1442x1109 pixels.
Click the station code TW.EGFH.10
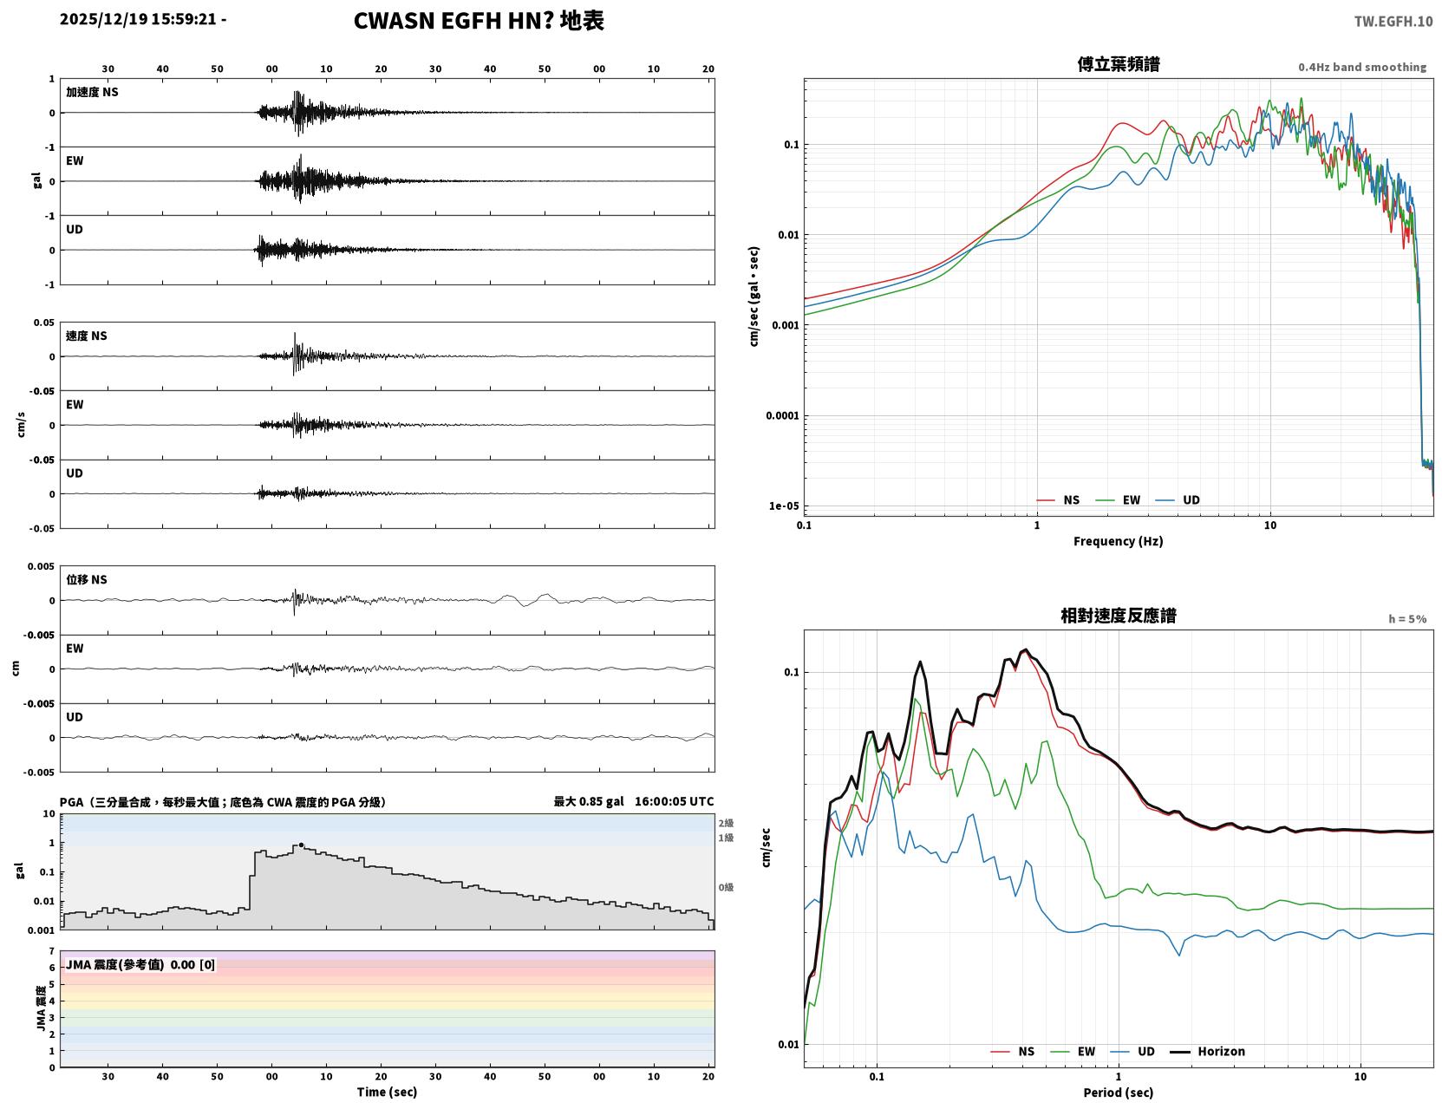coord(1393,21)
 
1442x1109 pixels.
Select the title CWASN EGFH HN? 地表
coord(479,21)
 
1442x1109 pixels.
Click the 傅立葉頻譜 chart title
coord(1119,64)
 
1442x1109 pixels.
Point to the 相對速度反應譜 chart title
coord(1119,616)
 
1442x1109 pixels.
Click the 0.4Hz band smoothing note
coord(1361,67)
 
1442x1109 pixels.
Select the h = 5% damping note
coord(1406,619)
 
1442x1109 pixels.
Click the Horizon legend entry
coord(1207,1051)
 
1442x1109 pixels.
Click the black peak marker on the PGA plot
coord(301,845)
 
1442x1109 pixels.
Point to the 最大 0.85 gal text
coord(589,801)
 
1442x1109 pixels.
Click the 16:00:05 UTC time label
coord(675,801)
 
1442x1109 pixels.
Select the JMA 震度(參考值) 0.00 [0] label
coord(140,964)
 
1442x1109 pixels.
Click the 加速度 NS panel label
coord(92,92)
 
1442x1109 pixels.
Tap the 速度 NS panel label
coord(86,336)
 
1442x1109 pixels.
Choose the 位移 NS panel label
coord(86,579)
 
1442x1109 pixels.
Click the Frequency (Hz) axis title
coord(1119,541)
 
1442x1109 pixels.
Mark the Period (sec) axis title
coord(1119,1093)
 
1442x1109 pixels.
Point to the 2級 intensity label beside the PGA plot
coord(726,823)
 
